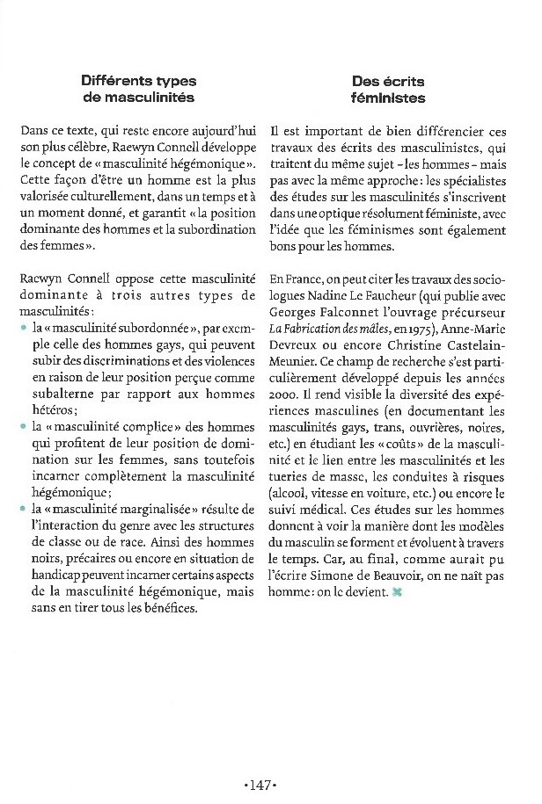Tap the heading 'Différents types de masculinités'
(x=138, y=90)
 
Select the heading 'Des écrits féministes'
(x=388, y=90)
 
